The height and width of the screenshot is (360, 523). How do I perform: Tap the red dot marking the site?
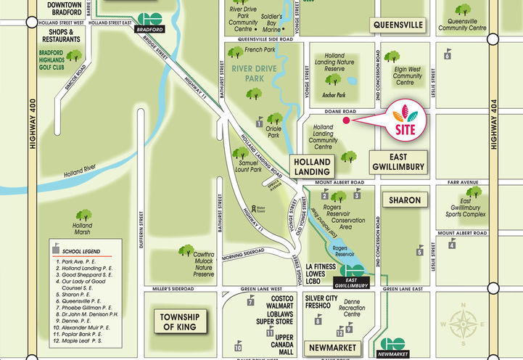tap(346, 121)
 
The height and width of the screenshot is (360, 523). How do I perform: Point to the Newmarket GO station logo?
tap(393, 345)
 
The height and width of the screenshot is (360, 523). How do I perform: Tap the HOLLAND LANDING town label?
tap(313, 166)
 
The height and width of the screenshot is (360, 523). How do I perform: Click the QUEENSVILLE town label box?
tap(398, 25)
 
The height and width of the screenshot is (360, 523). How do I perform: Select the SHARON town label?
tap(400, 199)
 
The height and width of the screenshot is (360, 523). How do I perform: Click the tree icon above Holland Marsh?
tap(84, 216)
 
